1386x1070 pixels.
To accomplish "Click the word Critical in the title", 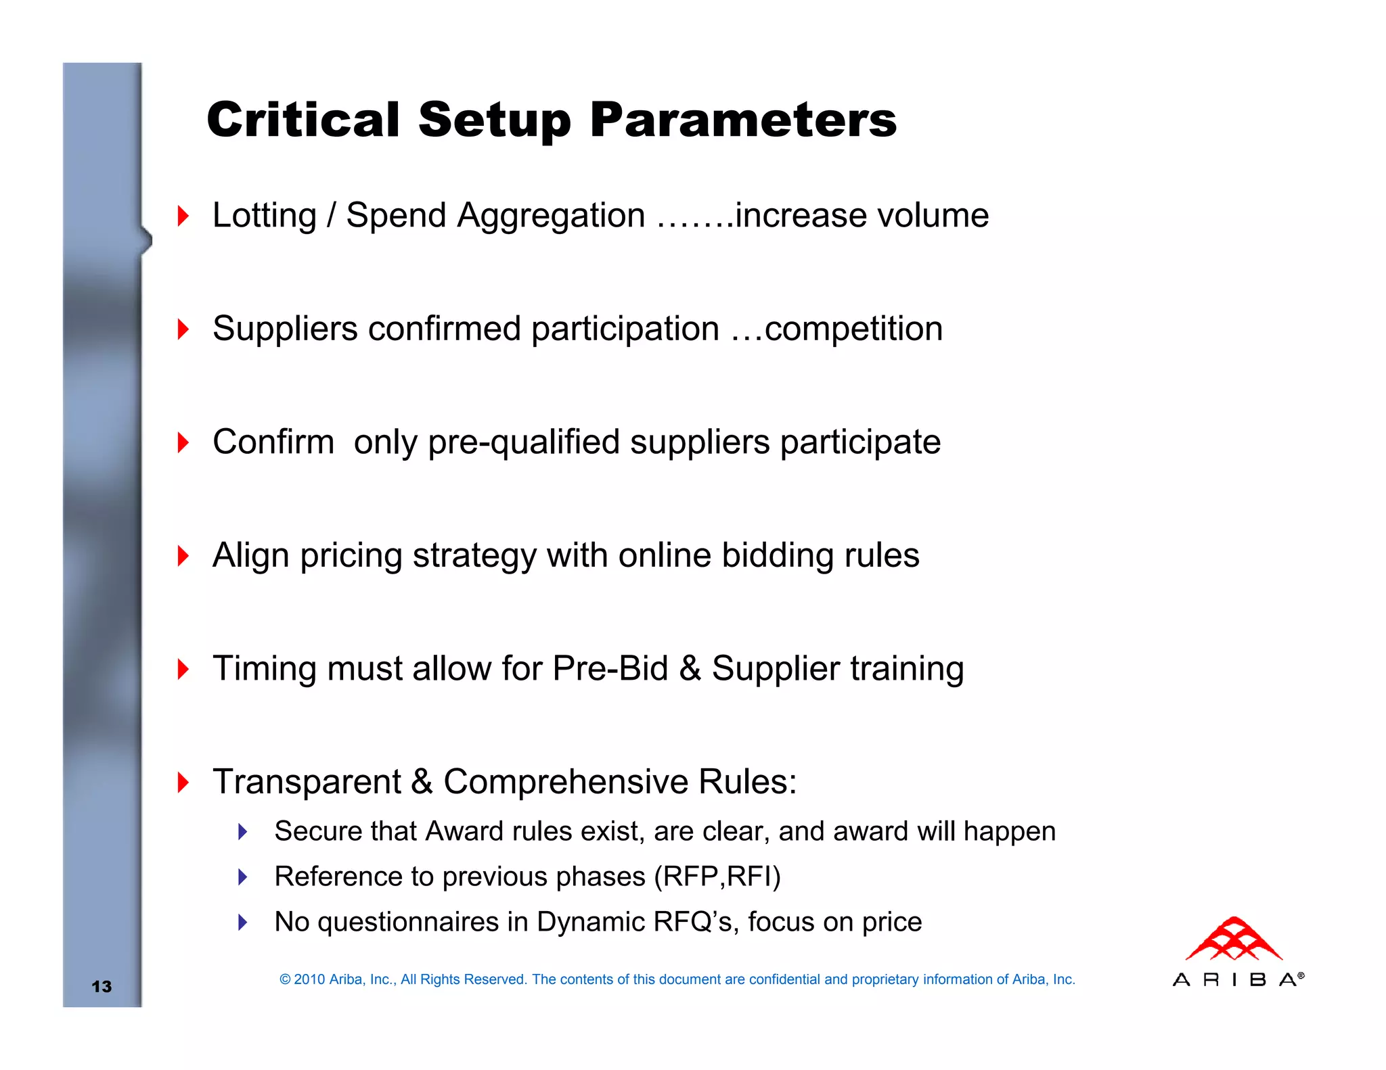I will [303, 120].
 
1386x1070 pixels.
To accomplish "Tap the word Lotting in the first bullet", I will [264, 216].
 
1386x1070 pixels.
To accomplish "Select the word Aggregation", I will [551, 217].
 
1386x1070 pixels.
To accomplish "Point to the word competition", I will [853, 329].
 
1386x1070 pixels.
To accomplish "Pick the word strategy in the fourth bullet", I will [474, 557].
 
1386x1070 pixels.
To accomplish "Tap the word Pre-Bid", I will [610, 669].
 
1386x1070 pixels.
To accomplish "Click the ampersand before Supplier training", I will [690, 669].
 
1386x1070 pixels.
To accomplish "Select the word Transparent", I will [307, 783].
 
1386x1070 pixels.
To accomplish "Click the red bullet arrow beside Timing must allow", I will [183, 669].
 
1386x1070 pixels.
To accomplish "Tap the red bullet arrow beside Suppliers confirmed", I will [183, 329].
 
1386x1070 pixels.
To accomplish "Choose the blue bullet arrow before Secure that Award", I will [243, 832].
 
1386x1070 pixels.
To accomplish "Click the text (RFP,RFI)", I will [717, 877].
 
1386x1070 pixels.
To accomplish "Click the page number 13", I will [102, 986].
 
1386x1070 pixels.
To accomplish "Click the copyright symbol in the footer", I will [285, 979].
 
